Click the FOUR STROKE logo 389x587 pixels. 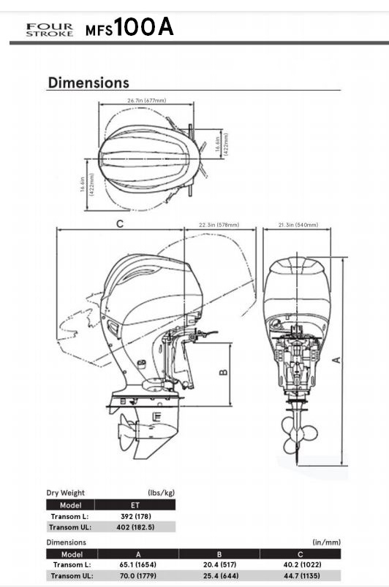coord(50,30)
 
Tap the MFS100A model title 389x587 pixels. coord(129,27)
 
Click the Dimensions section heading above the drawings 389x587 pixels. coord(88,83)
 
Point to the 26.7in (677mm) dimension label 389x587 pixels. coord(146,100)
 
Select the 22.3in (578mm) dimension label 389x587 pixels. coord(219,225)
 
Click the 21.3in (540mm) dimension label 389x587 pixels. coord(298,225)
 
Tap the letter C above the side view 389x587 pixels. coord(119,223)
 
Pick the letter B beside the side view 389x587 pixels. coord(223,372)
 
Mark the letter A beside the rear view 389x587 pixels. coord(337,360)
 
